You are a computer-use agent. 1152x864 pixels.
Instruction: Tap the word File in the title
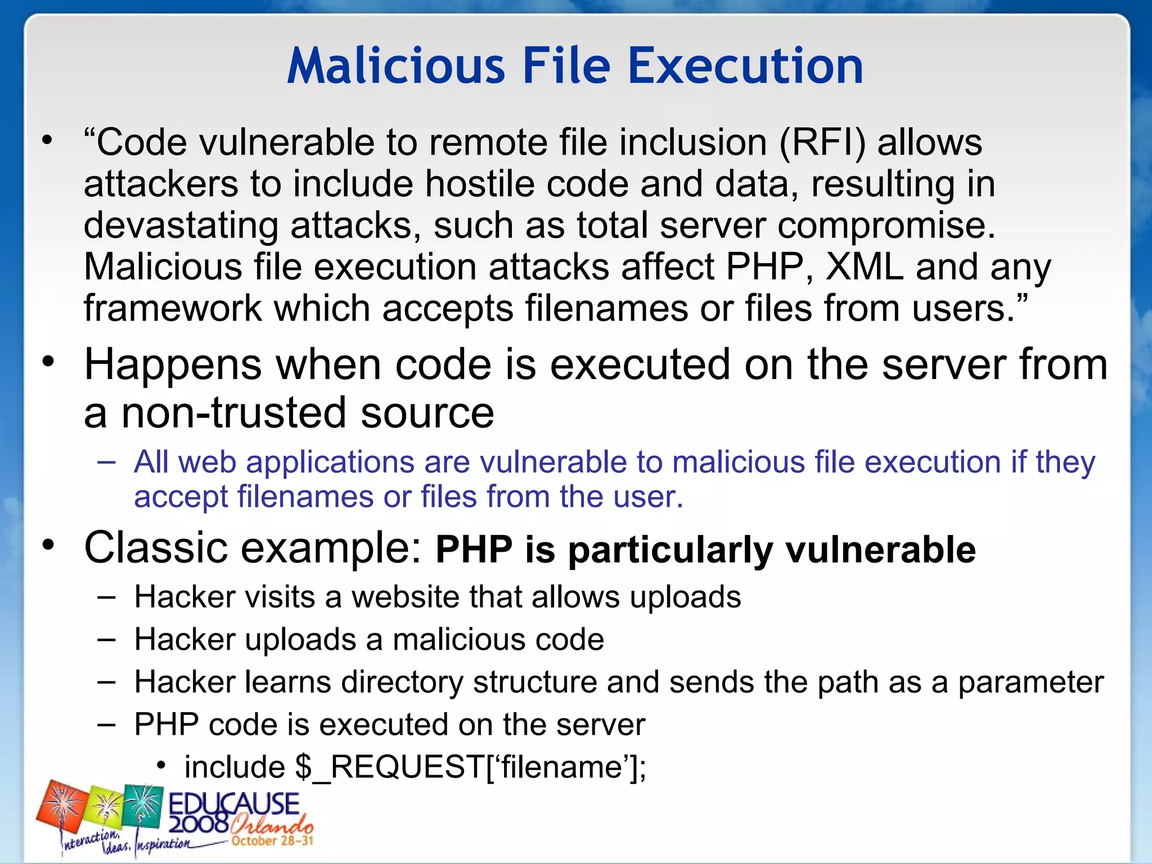566,66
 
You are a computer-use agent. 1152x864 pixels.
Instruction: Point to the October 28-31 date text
272,841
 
